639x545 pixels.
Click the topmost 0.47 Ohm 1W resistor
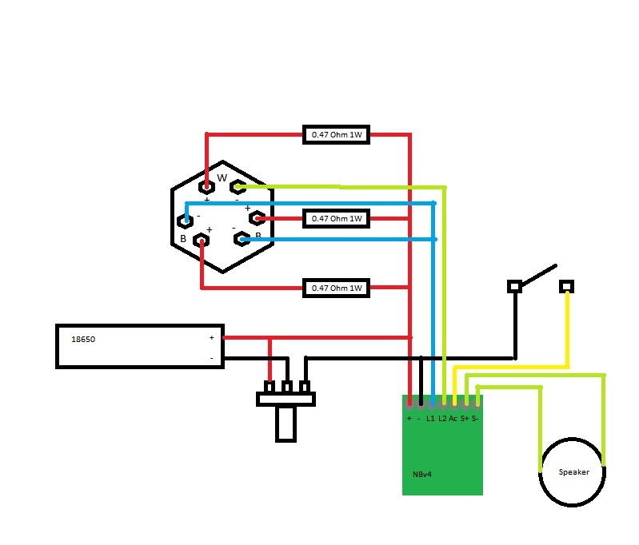coord(337,134)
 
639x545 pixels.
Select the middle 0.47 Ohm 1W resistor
coord(337,218)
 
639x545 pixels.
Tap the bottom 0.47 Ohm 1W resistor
coord(337,288)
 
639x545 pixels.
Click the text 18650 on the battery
coord(83,339)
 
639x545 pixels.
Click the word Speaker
coord(573,472)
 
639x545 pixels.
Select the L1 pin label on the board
coord(430,419)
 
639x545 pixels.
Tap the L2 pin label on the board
coord(442,419)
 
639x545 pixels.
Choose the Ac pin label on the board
coord(453,419)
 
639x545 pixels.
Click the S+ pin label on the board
coord(465,419)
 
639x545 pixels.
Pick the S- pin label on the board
coord(475,419)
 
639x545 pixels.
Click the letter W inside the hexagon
coord(222,177)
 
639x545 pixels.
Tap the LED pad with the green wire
coord(237,188)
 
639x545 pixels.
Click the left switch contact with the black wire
coord(515,285)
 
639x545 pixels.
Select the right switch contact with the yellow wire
coord(567,285)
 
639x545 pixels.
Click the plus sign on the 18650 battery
coord(212,337)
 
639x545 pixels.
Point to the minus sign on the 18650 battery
coord(212,358)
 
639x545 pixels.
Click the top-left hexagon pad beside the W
coord(207,188)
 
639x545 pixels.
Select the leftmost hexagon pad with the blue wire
coord(185,221)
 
